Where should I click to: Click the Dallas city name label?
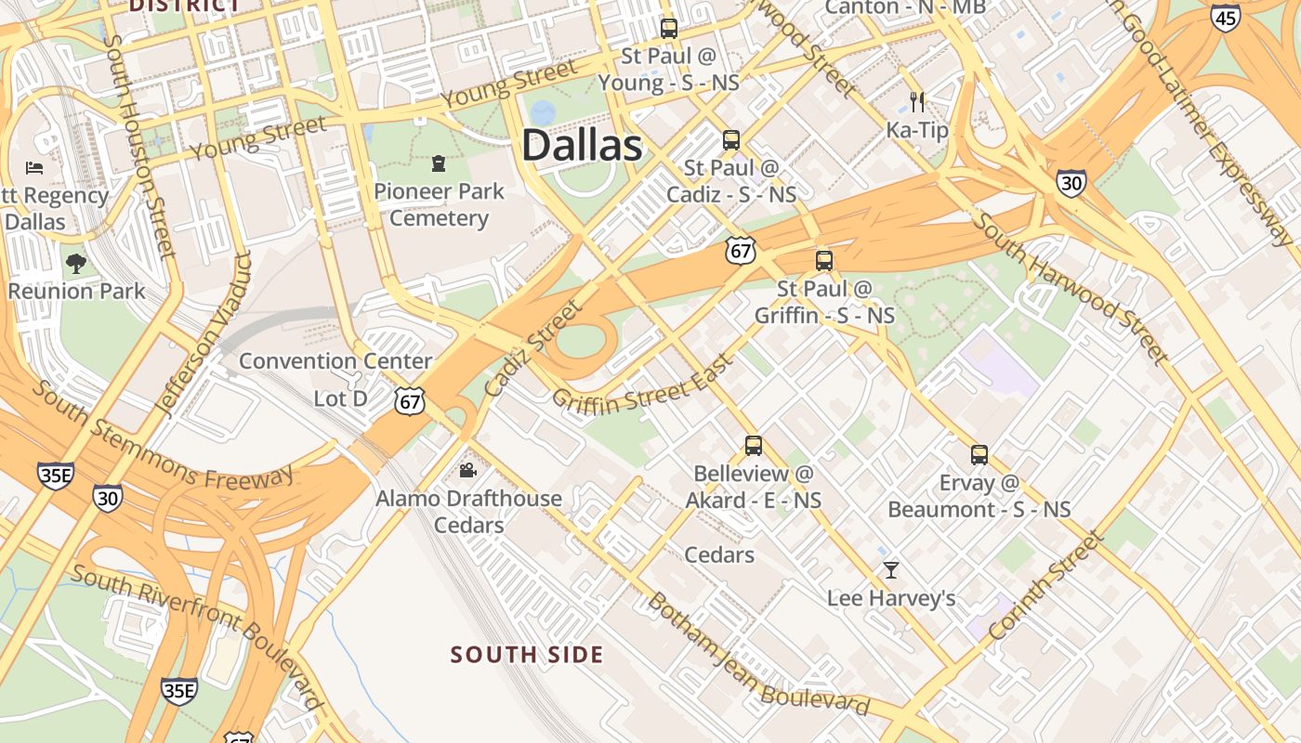(x=582, y=146)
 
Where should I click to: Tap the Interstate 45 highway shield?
(x=1226, y=17)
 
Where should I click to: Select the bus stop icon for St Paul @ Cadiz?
(x=731, y=140)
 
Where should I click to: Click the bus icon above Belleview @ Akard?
(x=753, y=446)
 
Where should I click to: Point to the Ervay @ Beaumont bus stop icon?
(x=979, y=455)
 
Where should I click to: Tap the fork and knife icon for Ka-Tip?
(x=917, y=101)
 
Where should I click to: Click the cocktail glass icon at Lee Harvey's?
(x=891, y=569)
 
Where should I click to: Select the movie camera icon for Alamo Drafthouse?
(x=468, y=471)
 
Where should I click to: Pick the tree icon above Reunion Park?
(x=76, y=263)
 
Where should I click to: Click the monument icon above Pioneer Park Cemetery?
(x=439, y=164)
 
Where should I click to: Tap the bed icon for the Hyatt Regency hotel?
(x=34, y=168)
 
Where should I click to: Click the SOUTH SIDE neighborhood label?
(x=527, y=655)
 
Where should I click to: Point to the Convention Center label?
(x=335, y=361)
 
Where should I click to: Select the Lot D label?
(x=340, y=399)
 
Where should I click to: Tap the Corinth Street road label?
(x=1046, y=585)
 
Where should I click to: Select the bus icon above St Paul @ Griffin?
(x=823, y=261)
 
